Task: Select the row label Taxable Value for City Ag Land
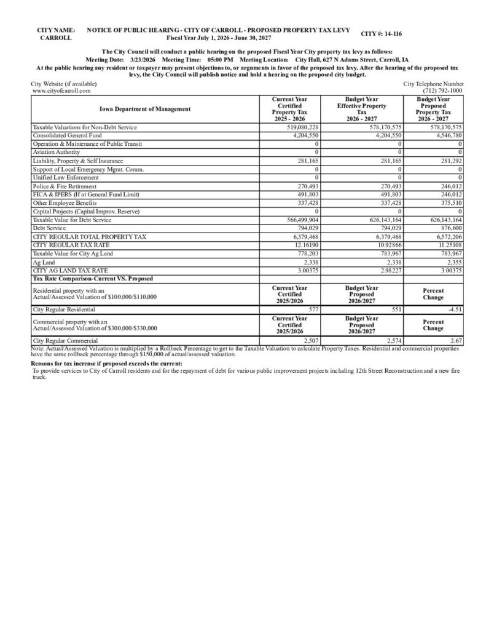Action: coord(73,253)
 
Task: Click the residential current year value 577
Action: coord(313,310)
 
